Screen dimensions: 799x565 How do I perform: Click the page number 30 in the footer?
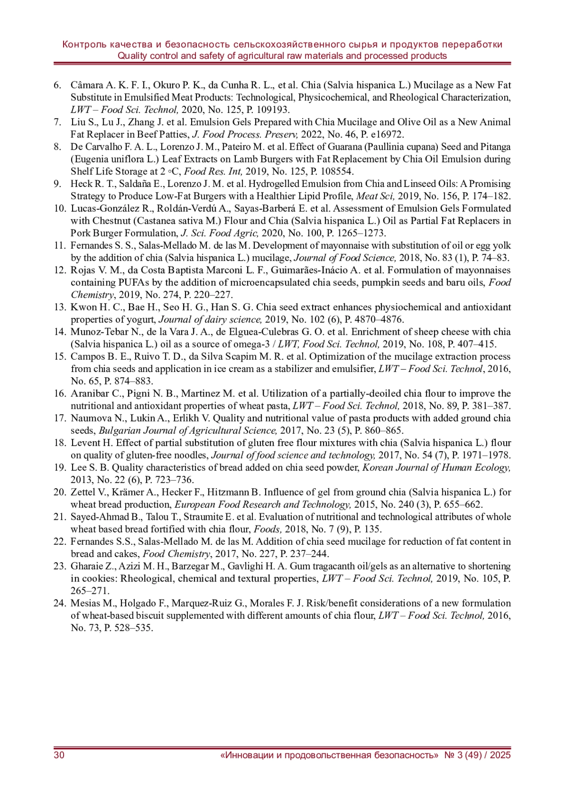point(59,755)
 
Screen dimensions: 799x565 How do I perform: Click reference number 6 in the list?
point(57,85)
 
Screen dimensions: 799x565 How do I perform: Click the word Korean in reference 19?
point(378,468)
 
